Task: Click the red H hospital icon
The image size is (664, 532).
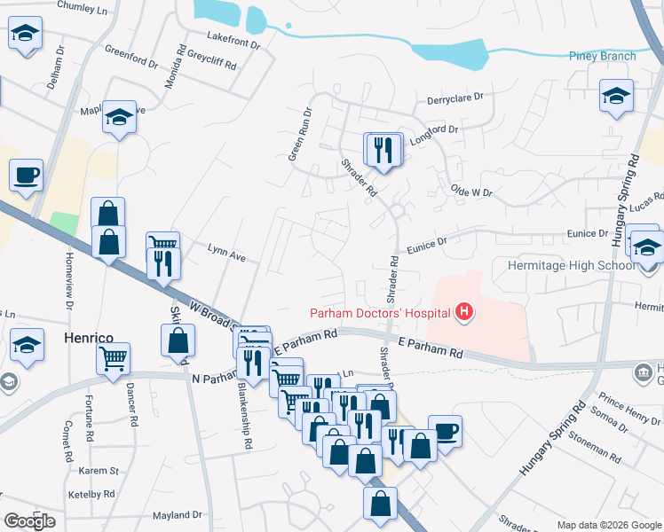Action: click(x=462, y=311)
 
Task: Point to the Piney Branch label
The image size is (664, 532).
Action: click(x=602, y=56)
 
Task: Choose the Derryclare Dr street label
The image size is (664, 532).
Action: click(x=454, y=97)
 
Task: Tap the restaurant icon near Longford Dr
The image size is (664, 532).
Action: click(x=383, y=149)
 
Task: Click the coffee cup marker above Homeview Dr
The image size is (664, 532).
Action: click(x=26, y=176)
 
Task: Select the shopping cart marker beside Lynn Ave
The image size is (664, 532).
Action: click(x=162, y=245)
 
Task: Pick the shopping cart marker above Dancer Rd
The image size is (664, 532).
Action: click(x=113, y=359)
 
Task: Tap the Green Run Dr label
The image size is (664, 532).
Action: click(x=300, y=134)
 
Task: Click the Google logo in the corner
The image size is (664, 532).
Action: click(x=29, y=521)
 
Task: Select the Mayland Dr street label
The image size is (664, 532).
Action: click(x=178, y=514)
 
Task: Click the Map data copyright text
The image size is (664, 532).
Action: click(x=608, y=525)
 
